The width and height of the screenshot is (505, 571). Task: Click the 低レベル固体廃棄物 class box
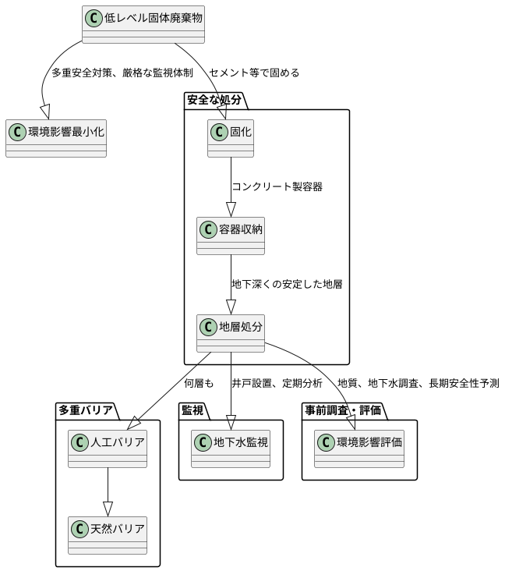click(143, 24)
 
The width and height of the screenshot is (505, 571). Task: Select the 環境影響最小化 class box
click(56, 138)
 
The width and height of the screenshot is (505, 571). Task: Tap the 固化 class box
click(231, 138)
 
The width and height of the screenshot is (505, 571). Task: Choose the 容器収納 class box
click(231, 236)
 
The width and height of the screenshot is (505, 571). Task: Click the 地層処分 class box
click(231, 333)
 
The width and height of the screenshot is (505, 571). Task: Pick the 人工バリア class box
click(108, 449)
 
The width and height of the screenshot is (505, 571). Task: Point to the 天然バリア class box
click(108, 535)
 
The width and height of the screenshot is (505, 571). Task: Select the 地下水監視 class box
click(231, 449)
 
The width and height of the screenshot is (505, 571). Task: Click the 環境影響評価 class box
click(359, 449)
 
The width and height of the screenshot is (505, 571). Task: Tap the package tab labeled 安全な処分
click(214, 101)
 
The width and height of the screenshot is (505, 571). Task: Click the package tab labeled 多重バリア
click(86, 410)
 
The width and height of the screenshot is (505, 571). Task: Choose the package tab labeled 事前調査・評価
click(348, 410)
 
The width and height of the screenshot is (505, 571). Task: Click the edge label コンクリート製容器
click(277, 187)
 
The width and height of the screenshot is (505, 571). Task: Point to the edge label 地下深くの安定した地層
click(287, 285)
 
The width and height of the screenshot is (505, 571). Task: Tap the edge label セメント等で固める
click(254, 73)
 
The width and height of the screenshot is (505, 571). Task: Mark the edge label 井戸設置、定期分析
click(277, 384)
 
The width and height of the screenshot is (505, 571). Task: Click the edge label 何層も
click(199, 384)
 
